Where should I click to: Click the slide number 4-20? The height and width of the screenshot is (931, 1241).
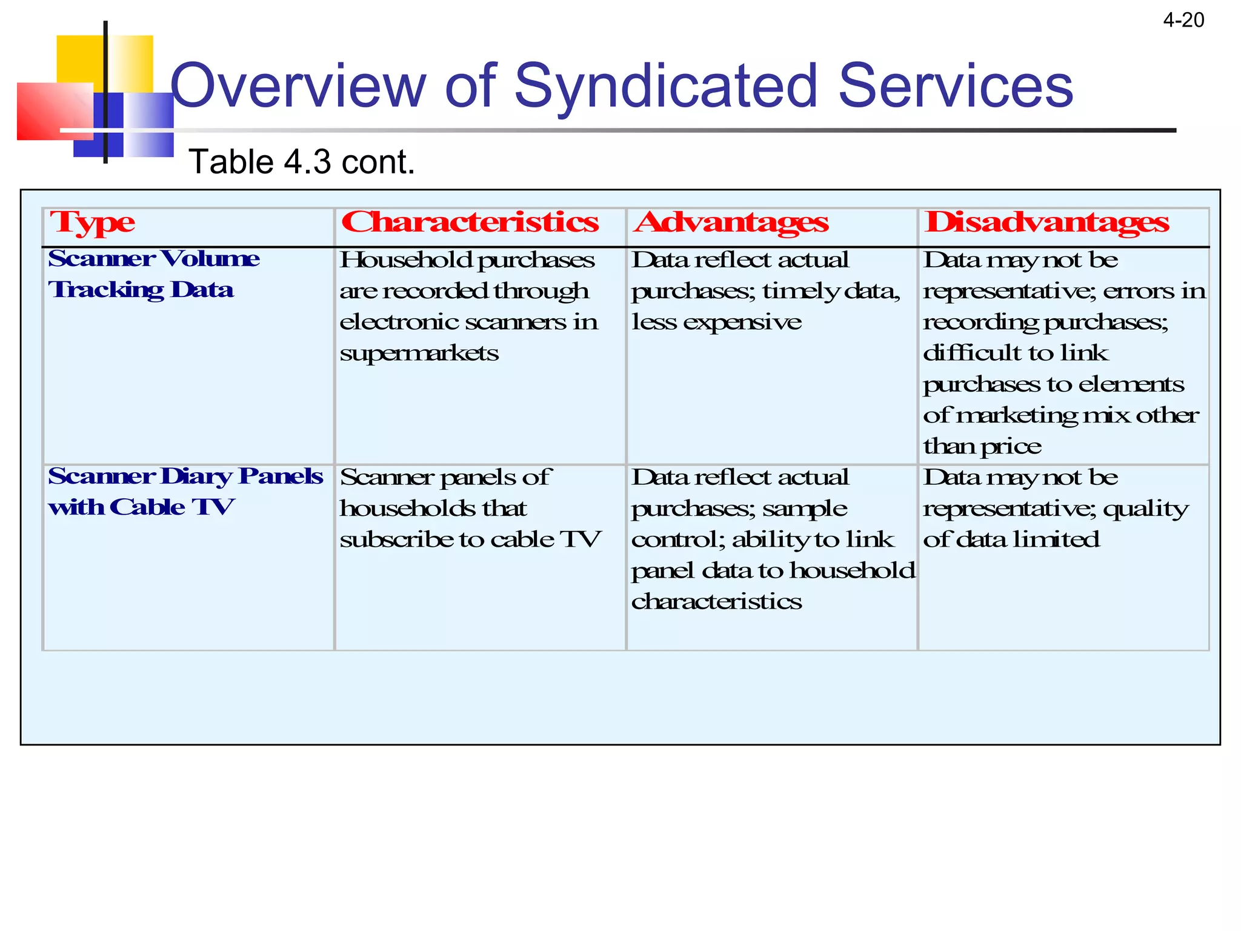pos(1183,21)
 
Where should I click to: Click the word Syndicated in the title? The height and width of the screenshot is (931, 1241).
pos(666,86)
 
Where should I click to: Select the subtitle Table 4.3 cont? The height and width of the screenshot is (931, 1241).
pos(302,162)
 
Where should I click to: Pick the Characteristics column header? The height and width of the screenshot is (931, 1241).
pos(470,222)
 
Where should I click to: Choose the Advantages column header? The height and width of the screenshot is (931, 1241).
pos(731,222)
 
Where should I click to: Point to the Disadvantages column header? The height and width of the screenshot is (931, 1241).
pos(1046,222)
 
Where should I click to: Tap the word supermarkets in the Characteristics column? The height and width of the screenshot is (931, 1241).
pos(419,353)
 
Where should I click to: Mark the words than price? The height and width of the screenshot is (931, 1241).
pos(982,447)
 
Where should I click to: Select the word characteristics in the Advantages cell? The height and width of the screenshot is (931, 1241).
pos(716,602)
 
